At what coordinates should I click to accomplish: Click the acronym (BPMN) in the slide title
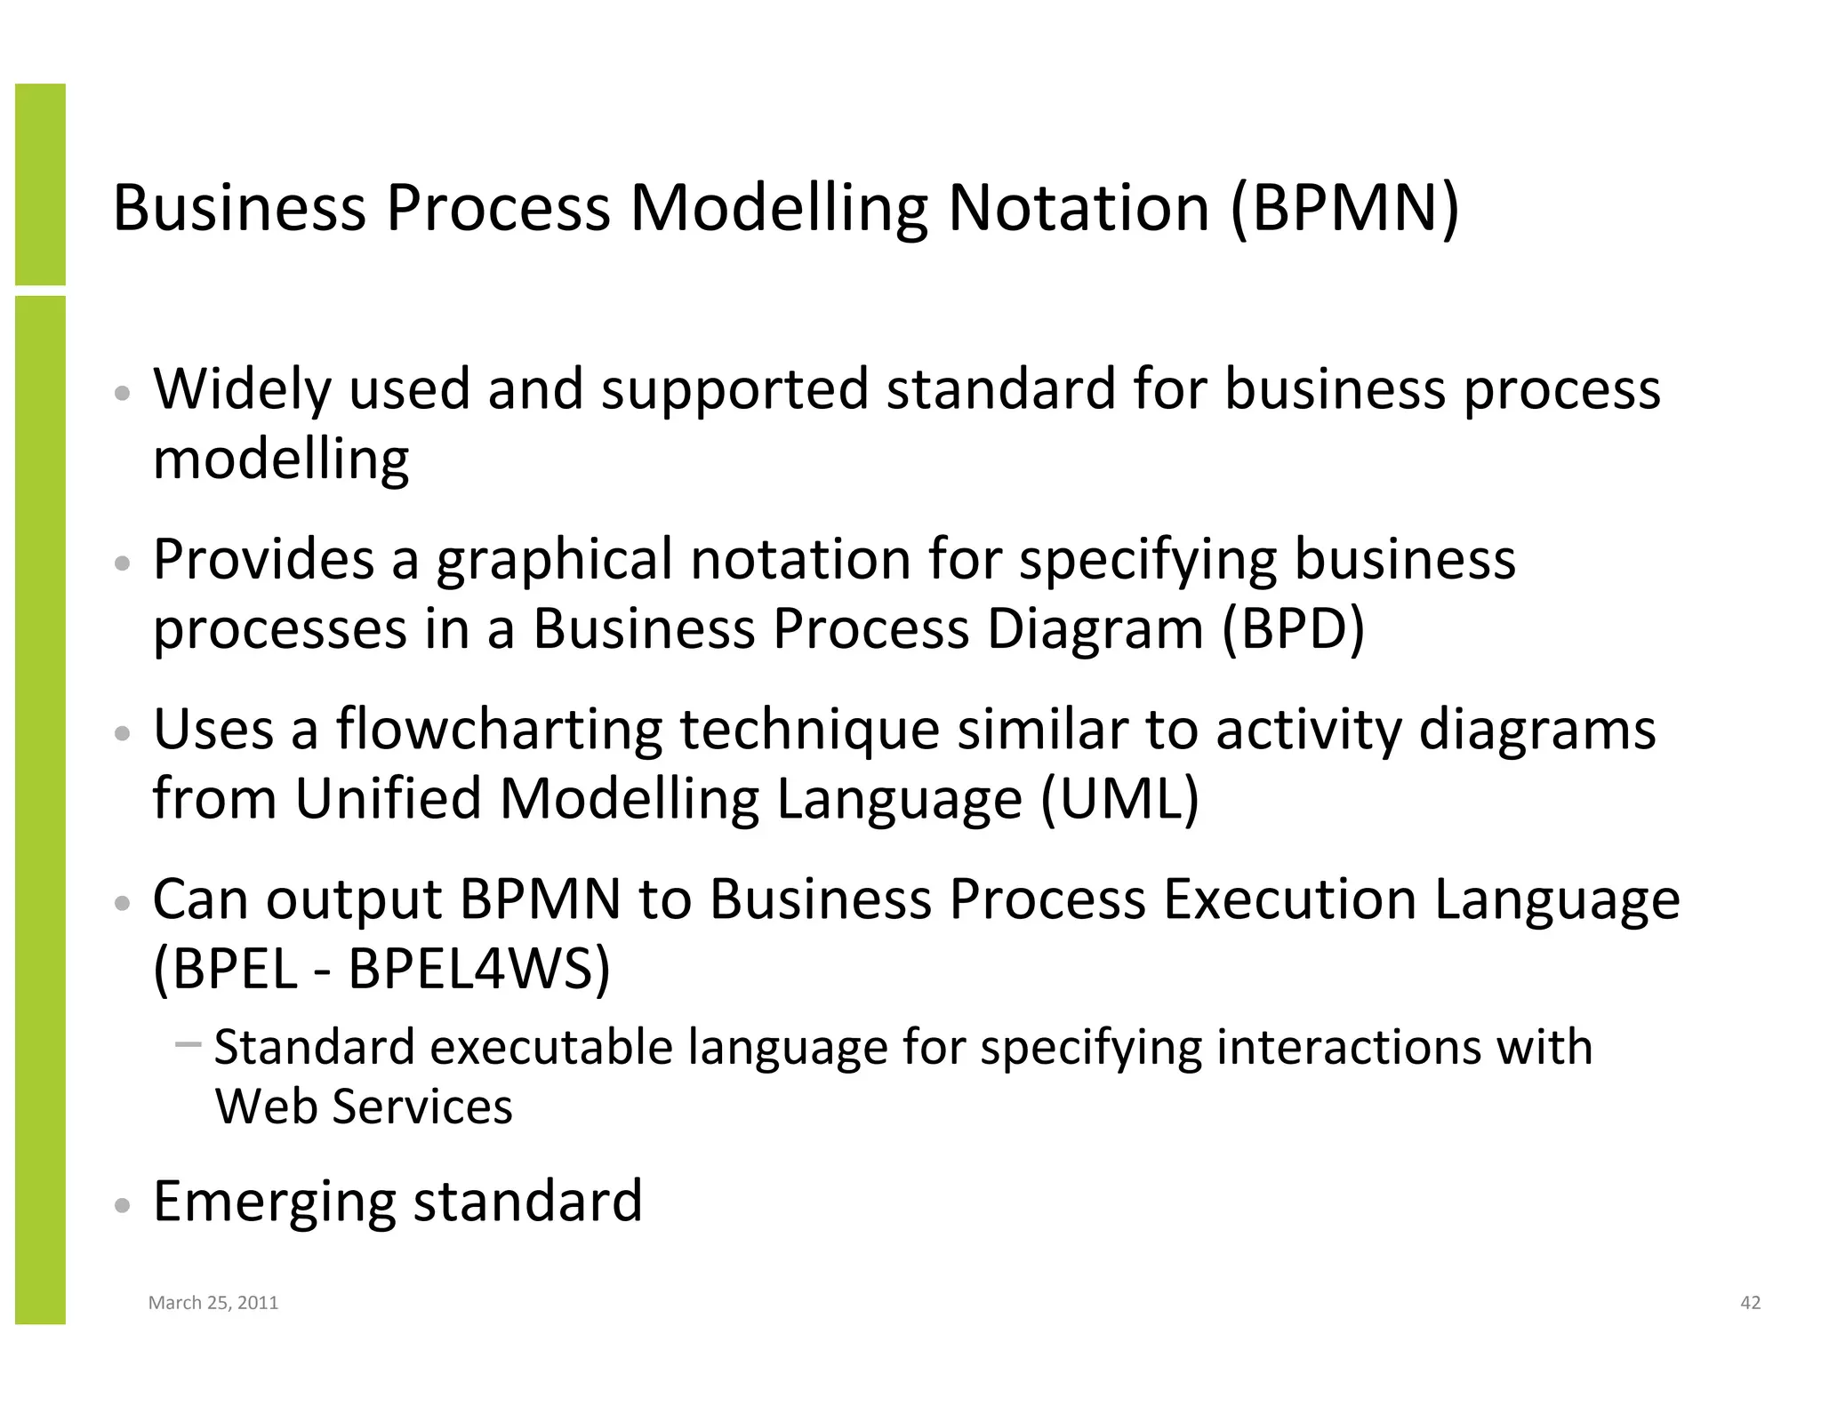tap(1344, 208)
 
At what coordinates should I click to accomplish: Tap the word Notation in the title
tap(1079, 208)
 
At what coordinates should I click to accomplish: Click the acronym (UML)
tap(1119, 798)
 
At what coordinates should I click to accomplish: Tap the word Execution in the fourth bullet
tap(1289, 899)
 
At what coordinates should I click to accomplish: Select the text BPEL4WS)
tap(479, 968)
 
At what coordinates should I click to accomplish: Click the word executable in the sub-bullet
tap(551, 1046)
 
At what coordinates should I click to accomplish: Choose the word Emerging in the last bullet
tap(274, 1201)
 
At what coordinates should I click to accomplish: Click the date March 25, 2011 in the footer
tap(213, 1303)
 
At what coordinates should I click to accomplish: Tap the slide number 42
tap(1750, 1303)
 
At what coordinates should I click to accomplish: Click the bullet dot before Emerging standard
tap(124, 1206)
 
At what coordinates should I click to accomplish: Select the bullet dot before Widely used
tap(124, 394)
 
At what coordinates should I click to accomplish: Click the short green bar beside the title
tap(40, 184)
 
